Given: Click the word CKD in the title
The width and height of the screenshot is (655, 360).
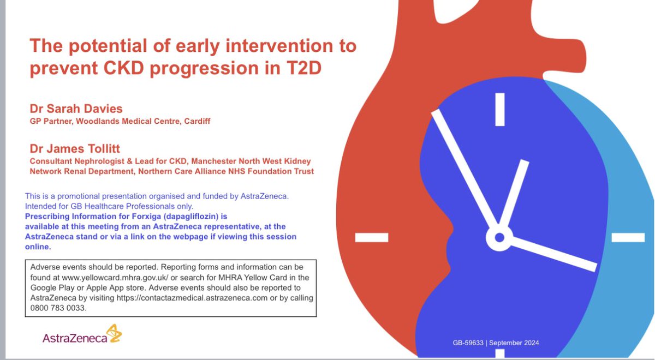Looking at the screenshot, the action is click(x=124, y=68).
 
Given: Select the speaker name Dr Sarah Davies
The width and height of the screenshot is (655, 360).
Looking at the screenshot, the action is click(x=76, y=109).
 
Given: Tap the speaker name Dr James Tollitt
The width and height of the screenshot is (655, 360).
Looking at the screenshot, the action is click(x=75, y=149).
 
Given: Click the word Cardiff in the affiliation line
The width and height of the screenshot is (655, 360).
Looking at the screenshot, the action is click(x=197, y=121).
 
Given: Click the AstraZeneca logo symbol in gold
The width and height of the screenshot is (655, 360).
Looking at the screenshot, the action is click(x=114, y=333).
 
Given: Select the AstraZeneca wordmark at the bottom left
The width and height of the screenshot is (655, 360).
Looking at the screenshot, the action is click(x=75, y=338).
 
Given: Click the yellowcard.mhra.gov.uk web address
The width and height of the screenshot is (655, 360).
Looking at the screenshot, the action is click(x=115, y=277).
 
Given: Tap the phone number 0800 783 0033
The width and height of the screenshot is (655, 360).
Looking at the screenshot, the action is click(x=58, y=308).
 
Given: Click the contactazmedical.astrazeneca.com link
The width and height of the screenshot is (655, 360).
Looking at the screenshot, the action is click(x=192, y=298).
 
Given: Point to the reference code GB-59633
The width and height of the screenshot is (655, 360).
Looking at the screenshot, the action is click(x=468, y=343).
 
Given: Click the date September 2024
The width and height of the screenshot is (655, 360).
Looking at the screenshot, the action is click(x=514, y=343).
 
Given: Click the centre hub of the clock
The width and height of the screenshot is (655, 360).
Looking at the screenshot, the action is click(x=499, y=238).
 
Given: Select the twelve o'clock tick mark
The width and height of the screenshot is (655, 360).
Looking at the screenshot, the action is click(x=500, y=109).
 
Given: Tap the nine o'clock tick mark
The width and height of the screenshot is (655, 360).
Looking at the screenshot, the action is click(x=372, y=237).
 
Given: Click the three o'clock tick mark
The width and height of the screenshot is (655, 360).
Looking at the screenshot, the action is click(x=628, y=237).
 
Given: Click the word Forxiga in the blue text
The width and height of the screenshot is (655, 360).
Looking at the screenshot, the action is click(x=146, y=217).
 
